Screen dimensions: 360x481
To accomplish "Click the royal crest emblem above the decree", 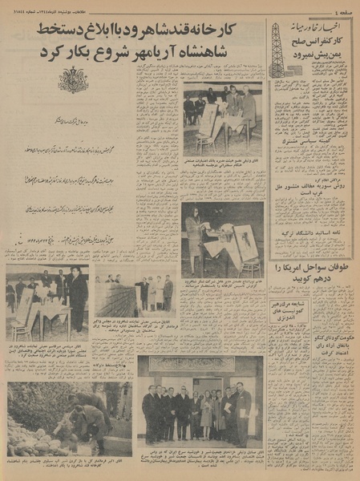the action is pyautogui.click(x=73, y=81).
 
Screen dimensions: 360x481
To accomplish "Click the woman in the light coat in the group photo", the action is pyautogui.click(x=207, y=414).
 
